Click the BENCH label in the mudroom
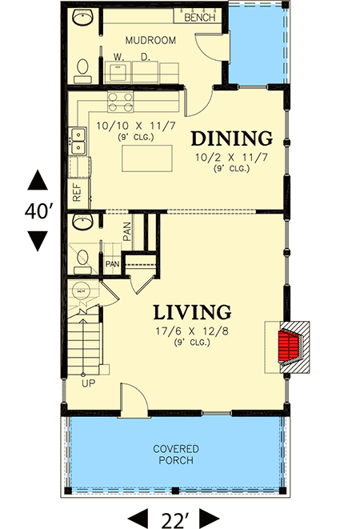(200, 17)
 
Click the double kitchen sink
(78, 141)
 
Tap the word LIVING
(193, 311)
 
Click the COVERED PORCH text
(176, 455)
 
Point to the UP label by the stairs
(87, 383)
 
